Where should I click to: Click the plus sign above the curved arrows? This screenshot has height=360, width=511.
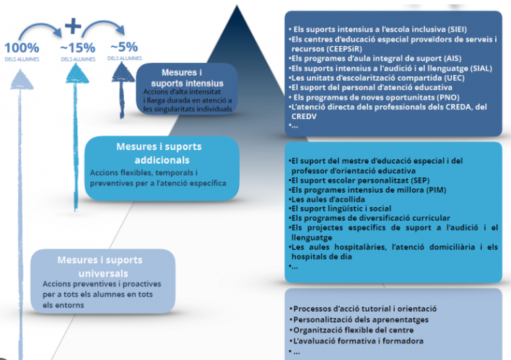(73, 25)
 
